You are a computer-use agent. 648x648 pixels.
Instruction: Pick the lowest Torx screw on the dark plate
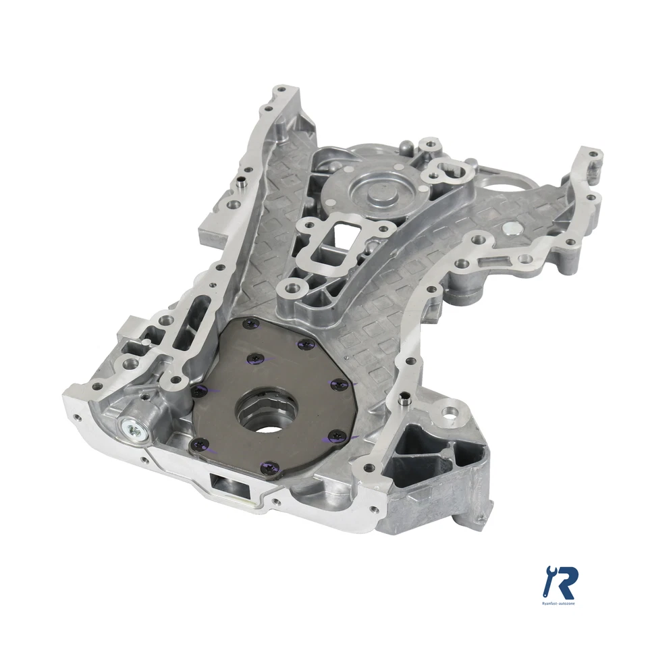tap(269, 466)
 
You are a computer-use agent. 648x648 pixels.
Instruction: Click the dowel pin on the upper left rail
tap(240, 184)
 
